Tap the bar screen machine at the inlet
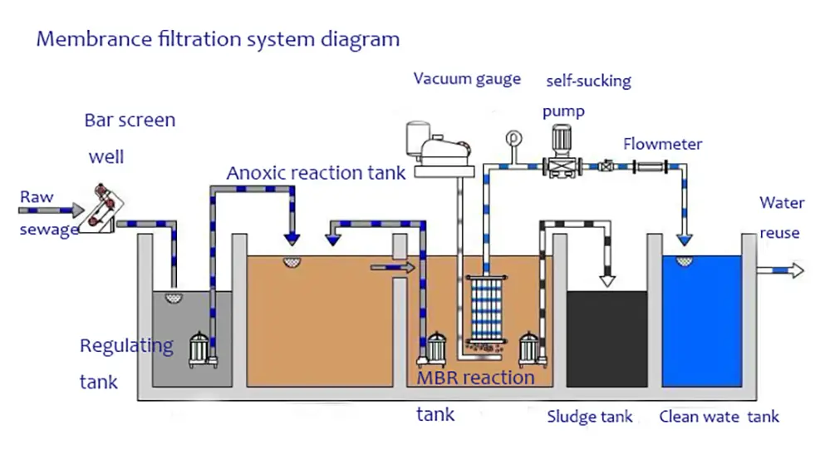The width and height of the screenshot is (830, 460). click(106, 207)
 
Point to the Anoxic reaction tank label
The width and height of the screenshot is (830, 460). click(316, 173)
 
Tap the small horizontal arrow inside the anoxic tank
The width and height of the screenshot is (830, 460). click(392, 267)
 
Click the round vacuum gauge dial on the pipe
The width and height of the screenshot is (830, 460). click(513, 138)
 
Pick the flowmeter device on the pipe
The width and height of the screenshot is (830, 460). click(652, 167)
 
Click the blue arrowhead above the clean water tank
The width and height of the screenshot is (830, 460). click(685, 240)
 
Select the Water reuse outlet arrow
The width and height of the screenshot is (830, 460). click(784, 270)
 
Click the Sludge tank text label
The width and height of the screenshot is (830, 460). click(589, 417)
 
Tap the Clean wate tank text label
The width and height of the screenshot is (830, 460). click(719, 417)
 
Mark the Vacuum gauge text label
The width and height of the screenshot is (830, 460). click(467, 79)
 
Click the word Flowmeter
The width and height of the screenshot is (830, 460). click(662, 144)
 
